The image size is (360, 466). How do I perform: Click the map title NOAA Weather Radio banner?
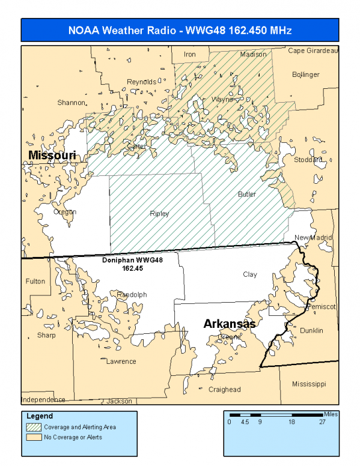[x=180, y=30]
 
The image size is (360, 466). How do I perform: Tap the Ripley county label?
[x=159, y=214]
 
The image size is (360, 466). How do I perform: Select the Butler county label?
[x=247, y=195]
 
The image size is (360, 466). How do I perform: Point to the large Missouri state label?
[x=52, y=156]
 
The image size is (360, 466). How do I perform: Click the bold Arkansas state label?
[x=230, y=324]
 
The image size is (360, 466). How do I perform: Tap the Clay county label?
[x=250, y=274]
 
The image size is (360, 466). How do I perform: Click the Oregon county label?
[x=65, y=212]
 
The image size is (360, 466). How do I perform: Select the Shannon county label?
[x=71, y=103]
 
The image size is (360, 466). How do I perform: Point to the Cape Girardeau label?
[x=313, y=50]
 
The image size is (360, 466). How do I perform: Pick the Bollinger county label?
[x=306, y=74]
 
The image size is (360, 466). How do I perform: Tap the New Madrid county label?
[x=313, y=238]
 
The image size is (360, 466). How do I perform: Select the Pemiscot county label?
[x=322, y=306]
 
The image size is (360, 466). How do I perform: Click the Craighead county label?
[x=224, y=390]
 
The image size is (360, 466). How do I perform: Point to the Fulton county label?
[x=35, y=281]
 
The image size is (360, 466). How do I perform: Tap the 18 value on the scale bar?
[x=291, y=422]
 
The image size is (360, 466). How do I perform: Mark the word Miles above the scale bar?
[x=331, y=414]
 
